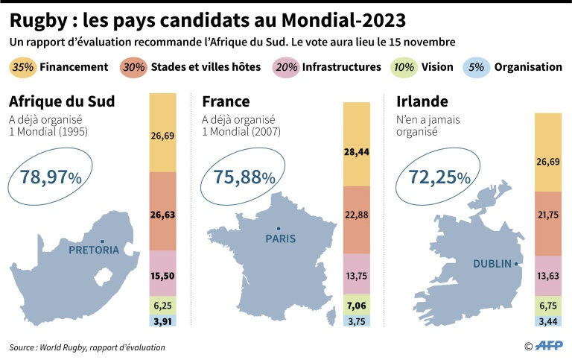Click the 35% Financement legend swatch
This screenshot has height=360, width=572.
coord(23,67)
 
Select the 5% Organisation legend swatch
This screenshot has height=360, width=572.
coord(476,67)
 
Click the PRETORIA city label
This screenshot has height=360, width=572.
coord(93,250)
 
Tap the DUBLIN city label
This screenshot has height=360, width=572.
coord(492,263)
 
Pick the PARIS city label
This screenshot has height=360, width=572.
coord(280,239)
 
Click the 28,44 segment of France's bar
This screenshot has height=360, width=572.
coord(357,152)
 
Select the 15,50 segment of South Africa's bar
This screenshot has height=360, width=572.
coord(162,275)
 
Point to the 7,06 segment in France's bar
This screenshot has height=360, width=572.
coord(357,305)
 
